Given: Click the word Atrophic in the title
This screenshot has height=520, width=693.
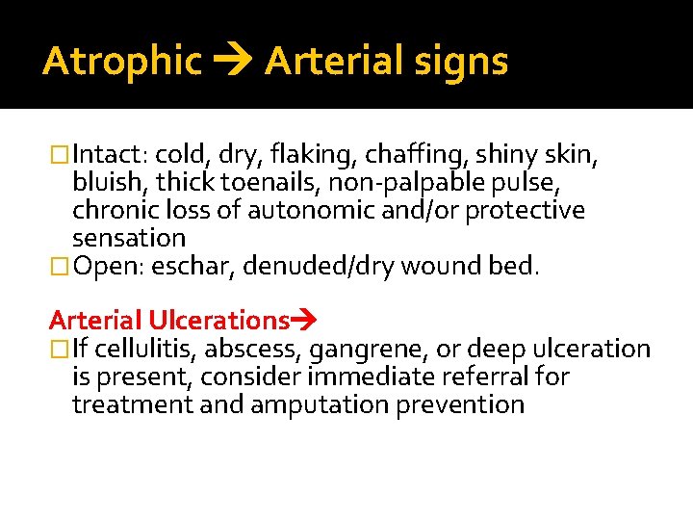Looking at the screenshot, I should [x=122, y=62].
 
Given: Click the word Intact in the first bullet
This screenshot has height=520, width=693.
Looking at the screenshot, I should [x=106, y=155].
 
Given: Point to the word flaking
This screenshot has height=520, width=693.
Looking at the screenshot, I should [x=299, y=155].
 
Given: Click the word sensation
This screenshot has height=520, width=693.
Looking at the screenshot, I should [x=128, y=238].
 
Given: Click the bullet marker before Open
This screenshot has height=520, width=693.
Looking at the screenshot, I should [x=60, y=266].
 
